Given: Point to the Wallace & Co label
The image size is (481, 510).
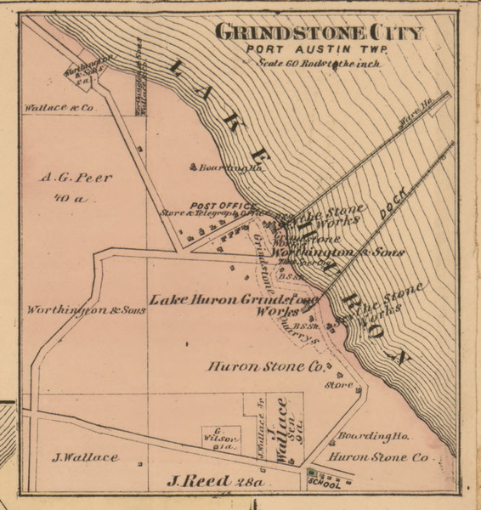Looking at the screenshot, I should [x=56, y=110].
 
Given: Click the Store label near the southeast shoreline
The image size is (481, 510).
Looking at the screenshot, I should [x=337, y=384].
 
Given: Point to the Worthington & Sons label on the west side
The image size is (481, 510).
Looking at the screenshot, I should [x=86, y=310].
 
